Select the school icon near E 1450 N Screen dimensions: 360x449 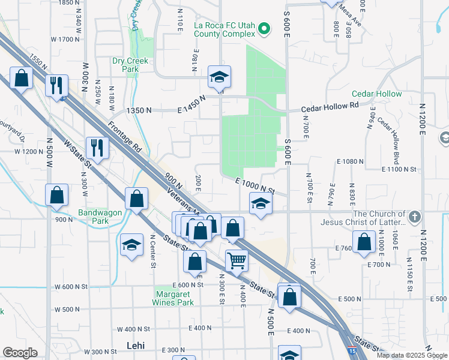point(220,76)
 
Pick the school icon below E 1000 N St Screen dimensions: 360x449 point(261,204)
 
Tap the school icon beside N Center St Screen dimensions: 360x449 point(131,245)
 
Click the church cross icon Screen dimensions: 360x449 point(414,215)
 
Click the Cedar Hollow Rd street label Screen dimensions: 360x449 point(329,105)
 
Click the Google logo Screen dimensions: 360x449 point(20,353)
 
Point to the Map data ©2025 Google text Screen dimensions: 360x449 point(412,355)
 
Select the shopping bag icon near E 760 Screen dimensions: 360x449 point(364,242)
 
